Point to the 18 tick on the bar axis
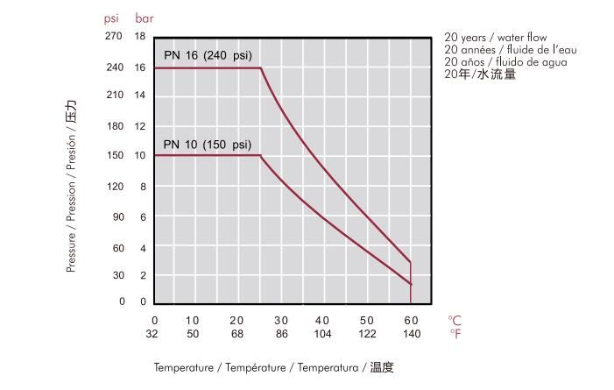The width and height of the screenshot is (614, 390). coord(139,37)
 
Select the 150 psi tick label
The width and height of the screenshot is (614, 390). coord(115,156)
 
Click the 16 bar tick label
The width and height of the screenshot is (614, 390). coord(139,67)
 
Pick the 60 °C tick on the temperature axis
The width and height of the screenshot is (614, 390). coord(410,320)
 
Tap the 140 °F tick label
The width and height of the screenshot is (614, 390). coord(410,334)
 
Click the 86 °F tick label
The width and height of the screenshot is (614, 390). coord(281,334)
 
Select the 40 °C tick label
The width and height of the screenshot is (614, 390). coord(321,320)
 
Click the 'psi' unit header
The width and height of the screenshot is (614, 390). coord(111,18)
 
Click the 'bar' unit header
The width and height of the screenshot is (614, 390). coord(144,18)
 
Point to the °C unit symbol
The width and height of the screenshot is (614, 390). coord(455,320)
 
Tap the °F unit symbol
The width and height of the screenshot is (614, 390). coord(455,334)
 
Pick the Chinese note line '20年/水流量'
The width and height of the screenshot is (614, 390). coord(480,75)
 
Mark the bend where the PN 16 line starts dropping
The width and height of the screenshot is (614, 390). coord(261,68)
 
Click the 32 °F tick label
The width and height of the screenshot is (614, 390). coord(154,334)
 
